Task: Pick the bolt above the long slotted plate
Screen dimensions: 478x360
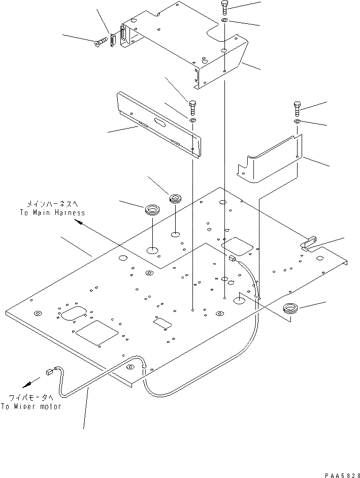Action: coord(192,107)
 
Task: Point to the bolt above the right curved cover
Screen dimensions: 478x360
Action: coord(297,108)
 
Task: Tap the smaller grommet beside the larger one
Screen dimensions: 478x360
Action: coord(176,198)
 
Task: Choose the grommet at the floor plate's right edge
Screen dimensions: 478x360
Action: coord(291,307)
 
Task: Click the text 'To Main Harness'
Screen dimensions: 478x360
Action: coord(52,213)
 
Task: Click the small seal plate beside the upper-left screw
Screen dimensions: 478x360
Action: coord(114,39)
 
